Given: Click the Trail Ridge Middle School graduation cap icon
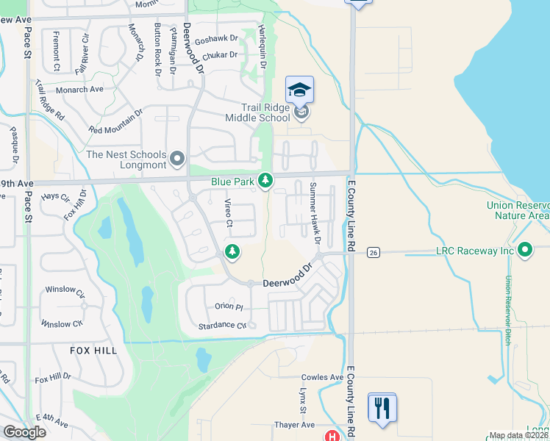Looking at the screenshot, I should point(300,90).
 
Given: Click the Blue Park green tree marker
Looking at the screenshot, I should point(265,180).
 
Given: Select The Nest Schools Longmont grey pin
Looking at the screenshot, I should point(177,159).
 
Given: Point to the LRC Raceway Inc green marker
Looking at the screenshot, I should point(525,251).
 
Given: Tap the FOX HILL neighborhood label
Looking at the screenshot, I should point(95,351).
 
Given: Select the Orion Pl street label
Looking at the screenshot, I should point(229,306).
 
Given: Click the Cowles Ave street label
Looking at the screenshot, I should point(321,378).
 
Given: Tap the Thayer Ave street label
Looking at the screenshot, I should point(296,425).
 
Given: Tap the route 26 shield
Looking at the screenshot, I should point(373,252).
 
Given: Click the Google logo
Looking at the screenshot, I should point(24,432).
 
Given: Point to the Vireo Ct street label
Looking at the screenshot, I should point(229,213).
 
